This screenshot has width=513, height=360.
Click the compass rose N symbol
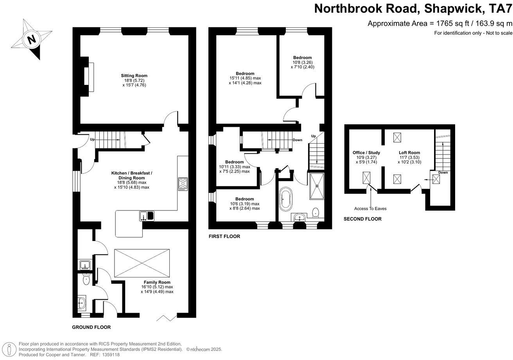32,39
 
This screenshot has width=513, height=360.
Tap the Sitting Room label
134,76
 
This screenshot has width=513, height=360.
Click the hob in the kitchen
183,184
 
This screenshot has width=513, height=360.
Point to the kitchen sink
147,216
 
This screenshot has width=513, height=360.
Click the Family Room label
157,282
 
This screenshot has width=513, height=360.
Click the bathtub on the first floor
285,200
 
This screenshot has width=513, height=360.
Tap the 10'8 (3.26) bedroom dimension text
303,62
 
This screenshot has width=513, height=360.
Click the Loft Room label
409,153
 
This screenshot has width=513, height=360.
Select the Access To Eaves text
370,209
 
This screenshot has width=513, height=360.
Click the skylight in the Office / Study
367,178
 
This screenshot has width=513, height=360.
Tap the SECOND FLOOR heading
362,219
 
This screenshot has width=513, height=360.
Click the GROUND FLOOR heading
91,327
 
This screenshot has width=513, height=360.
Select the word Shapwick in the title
441,8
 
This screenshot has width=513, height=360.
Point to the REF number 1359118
110,355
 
